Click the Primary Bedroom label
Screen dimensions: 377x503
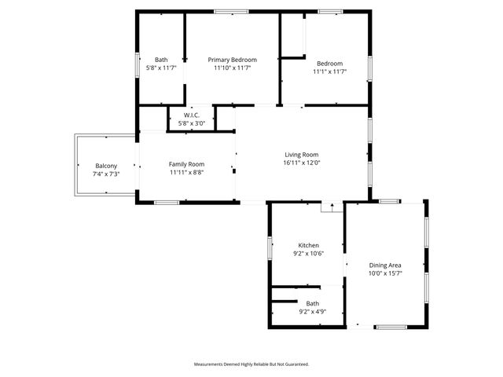pyautogui.click(x=232, y=59)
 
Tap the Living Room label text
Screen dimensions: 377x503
pyautogui.click(x=302, y=155)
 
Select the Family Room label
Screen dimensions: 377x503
pyautogui.click(x=186, y=163)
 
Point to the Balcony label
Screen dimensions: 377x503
pyautogui.click(x=106, y=166)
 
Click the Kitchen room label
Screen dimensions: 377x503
pyautogui.click(x=307, y=245)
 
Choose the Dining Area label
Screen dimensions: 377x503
pyautogui.click(x=385, y=265)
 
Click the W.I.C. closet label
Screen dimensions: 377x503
pyautogui.click(x=192, y=115)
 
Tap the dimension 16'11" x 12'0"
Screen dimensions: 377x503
pyautogui.click(x=302, y=163)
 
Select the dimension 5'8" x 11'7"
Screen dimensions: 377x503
pyautogui.click(x=161, y=68)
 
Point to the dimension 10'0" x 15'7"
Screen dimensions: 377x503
pyautogui.click(x=385, y=273)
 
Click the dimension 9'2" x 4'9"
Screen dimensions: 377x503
pyautogui.click(x=312, y=311)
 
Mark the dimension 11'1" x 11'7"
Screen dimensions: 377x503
pyautogui.click(x=330, y=71)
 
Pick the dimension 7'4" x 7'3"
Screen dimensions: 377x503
pyautogui.click(x=106, y=174)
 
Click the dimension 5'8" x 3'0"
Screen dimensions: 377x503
pyautogui.click(x=192, y=123)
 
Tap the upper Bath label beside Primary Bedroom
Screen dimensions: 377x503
pyautogui.click(x=161, y=60)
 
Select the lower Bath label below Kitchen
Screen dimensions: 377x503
pyautogui.click(x=312, y=303)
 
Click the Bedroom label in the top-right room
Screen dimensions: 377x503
pyautogui.click(x=330, y=64)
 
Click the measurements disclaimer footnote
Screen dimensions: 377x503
pyautogui.click(x=251, y=364)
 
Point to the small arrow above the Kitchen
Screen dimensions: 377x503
pyautogui.click(x=332, y=207)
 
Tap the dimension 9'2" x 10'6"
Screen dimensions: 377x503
pyautogui.click(x=307, y=253)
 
